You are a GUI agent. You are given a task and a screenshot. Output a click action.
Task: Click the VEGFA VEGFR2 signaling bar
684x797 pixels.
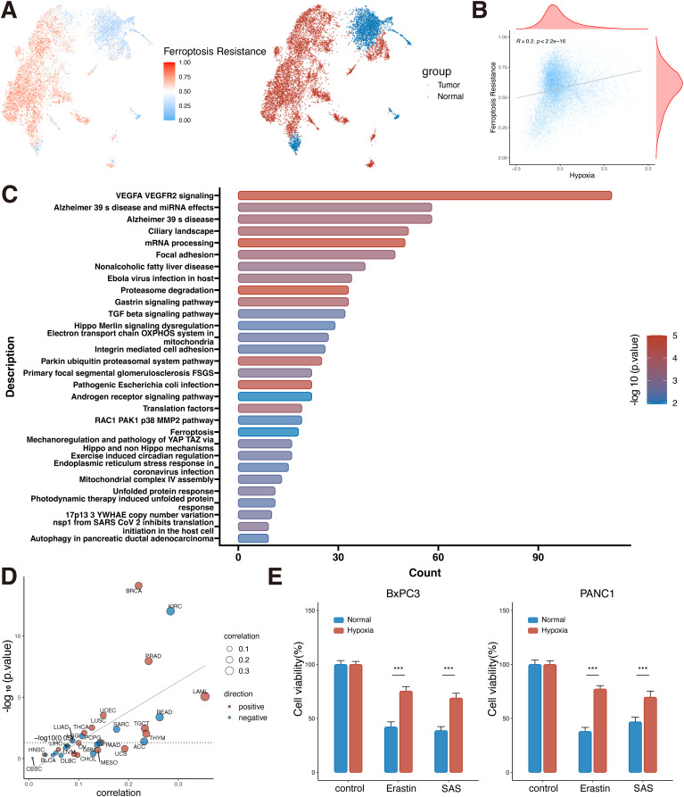point(424,195)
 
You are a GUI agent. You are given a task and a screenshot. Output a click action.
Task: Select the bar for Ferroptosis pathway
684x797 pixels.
point(268,432)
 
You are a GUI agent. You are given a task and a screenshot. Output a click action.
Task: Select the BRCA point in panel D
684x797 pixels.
point(138,585)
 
